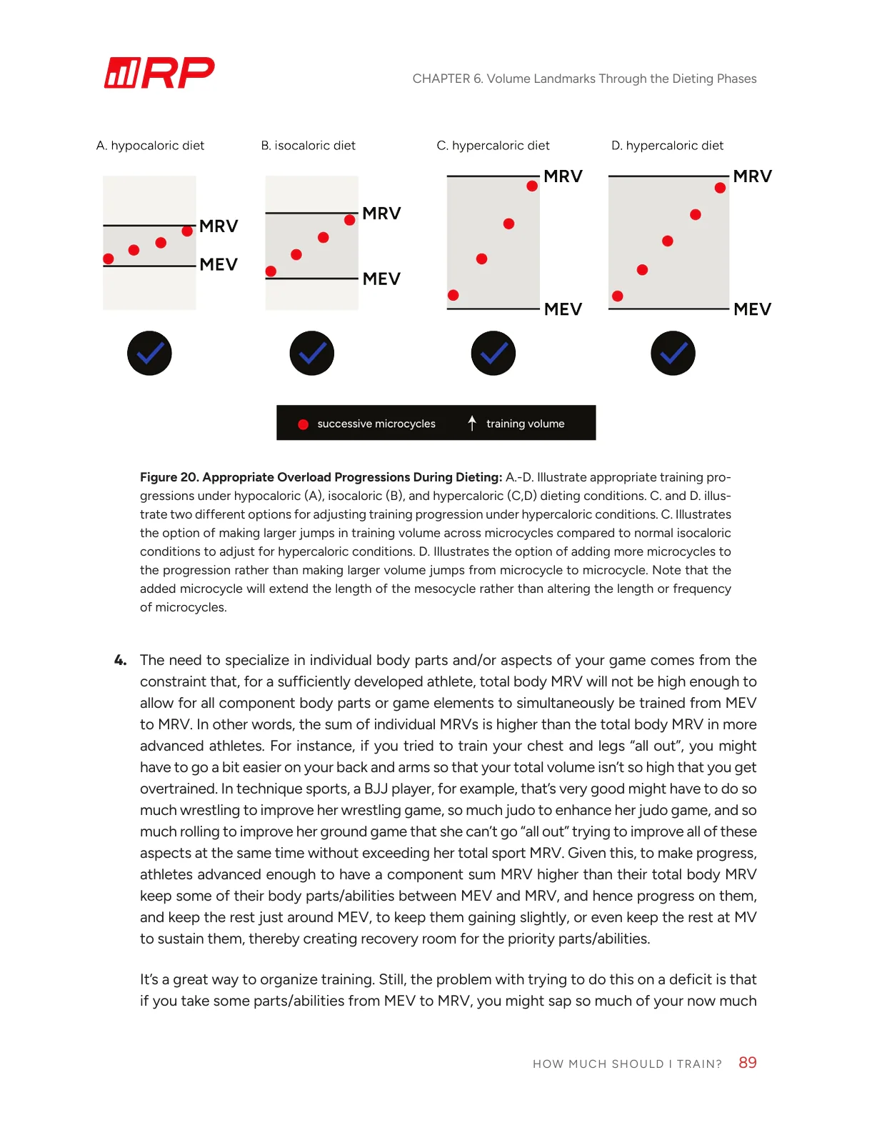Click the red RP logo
pos(159,73)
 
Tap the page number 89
pos(747,1063)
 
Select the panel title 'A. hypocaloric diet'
pos(150,146)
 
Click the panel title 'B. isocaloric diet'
pos(308,146)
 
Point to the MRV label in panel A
pos(219,226)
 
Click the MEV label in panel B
pos(381,279)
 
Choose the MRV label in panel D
pos(752,176)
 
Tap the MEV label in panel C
pos(563,309)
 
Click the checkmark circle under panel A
pos(149,353)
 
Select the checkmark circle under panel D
pos(673,353)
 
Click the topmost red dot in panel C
pos(532,186)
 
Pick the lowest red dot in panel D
pos(618,296)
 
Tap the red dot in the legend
pos(303,424)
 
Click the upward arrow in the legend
pos(472,423)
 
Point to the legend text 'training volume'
pos(525,424)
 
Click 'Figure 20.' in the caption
pos(169,477)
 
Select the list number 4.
pos(120,660)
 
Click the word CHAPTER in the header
pos(441,79)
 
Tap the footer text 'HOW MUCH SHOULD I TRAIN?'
pos(627,1064)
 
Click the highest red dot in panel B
pos(350,220)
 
